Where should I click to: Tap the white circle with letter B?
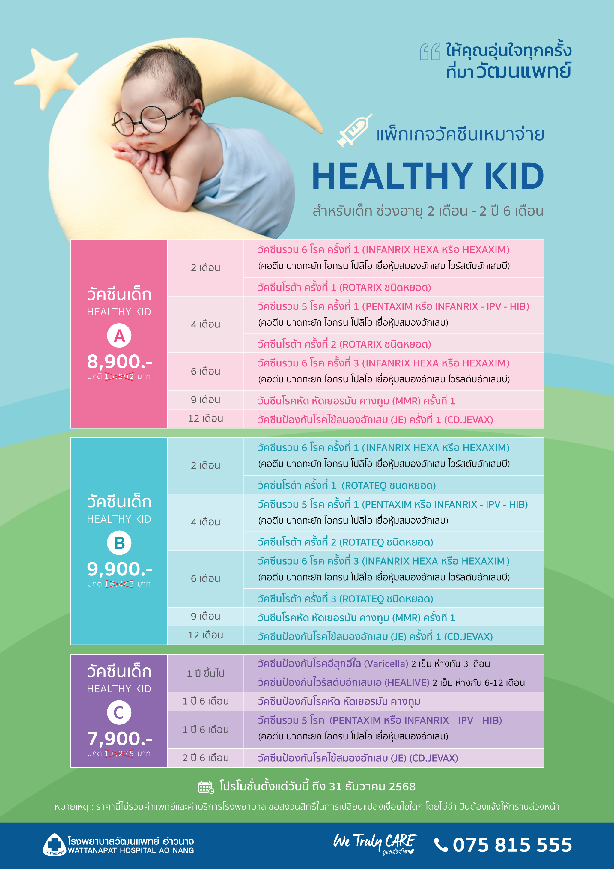point(119,543)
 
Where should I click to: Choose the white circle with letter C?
point(119,713)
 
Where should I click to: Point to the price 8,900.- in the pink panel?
point(120,361)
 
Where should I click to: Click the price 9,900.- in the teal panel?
point(120,569)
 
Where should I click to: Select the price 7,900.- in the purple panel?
point(120,739)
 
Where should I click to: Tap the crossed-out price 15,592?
point(119,377)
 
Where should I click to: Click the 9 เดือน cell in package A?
point(205,400)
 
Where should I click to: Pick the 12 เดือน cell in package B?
point(205,635)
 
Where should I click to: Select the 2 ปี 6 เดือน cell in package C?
point(205,758)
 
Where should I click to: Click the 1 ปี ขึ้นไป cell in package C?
point(205,673)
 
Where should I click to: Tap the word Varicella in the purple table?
point(386,664)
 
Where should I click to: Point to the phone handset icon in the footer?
point(441,845)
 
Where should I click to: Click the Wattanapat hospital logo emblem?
point(55,844)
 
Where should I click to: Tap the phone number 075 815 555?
point(513,845)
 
